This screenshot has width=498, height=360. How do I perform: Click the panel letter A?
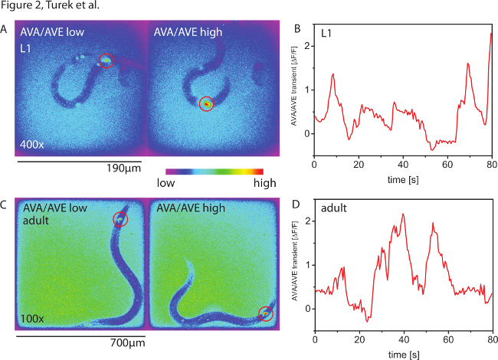tap(5, 30)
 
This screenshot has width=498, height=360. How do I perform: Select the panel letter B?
tap(298, 30)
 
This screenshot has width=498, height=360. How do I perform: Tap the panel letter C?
tap(5, 205)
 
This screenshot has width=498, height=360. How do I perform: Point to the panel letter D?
tap(298, 205)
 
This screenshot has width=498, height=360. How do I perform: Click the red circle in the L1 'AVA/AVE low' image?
tap(106, 61)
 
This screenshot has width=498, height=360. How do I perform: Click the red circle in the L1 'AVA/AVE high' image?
tap(205, 103)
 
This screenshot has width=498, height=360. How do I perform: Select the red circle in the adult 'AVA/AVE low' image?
tap(120, 220)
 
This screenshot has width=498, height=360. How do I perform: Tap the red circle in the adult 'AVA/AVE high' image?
tap(265, 313)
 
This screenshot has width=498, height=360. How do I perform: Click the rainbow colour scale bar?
tap(214, 171)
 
